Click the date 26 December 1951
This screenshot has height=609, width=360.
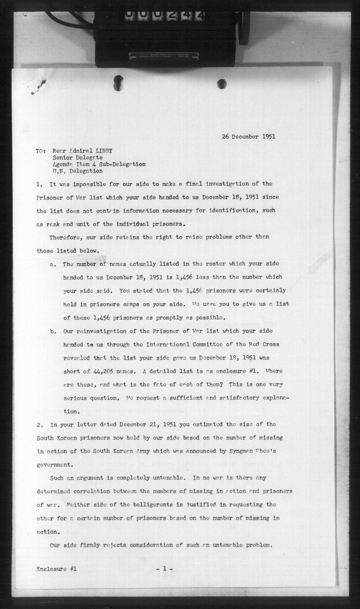[248, 136]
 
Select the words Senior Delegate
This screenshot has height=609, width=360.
[78, 157]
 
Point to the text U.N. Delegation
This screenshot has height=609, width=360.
[78, 171]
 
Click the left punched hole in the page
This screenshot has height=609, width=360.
[118, 83]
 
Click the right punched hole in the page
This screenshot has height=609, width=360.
[222, 83]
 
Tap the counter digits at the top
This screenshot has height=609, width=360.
[164, 15]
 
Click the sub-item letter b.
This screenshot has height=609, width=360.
[52, 331]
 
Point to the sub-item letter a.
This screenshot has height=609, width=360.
[52, 264]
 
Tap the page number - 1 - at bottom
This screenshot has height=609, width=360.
[164, 569]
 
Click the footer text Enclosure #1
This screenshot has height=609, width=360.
[56, 569]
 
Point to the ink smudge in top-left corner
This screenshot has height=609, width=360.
[39, 86]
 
